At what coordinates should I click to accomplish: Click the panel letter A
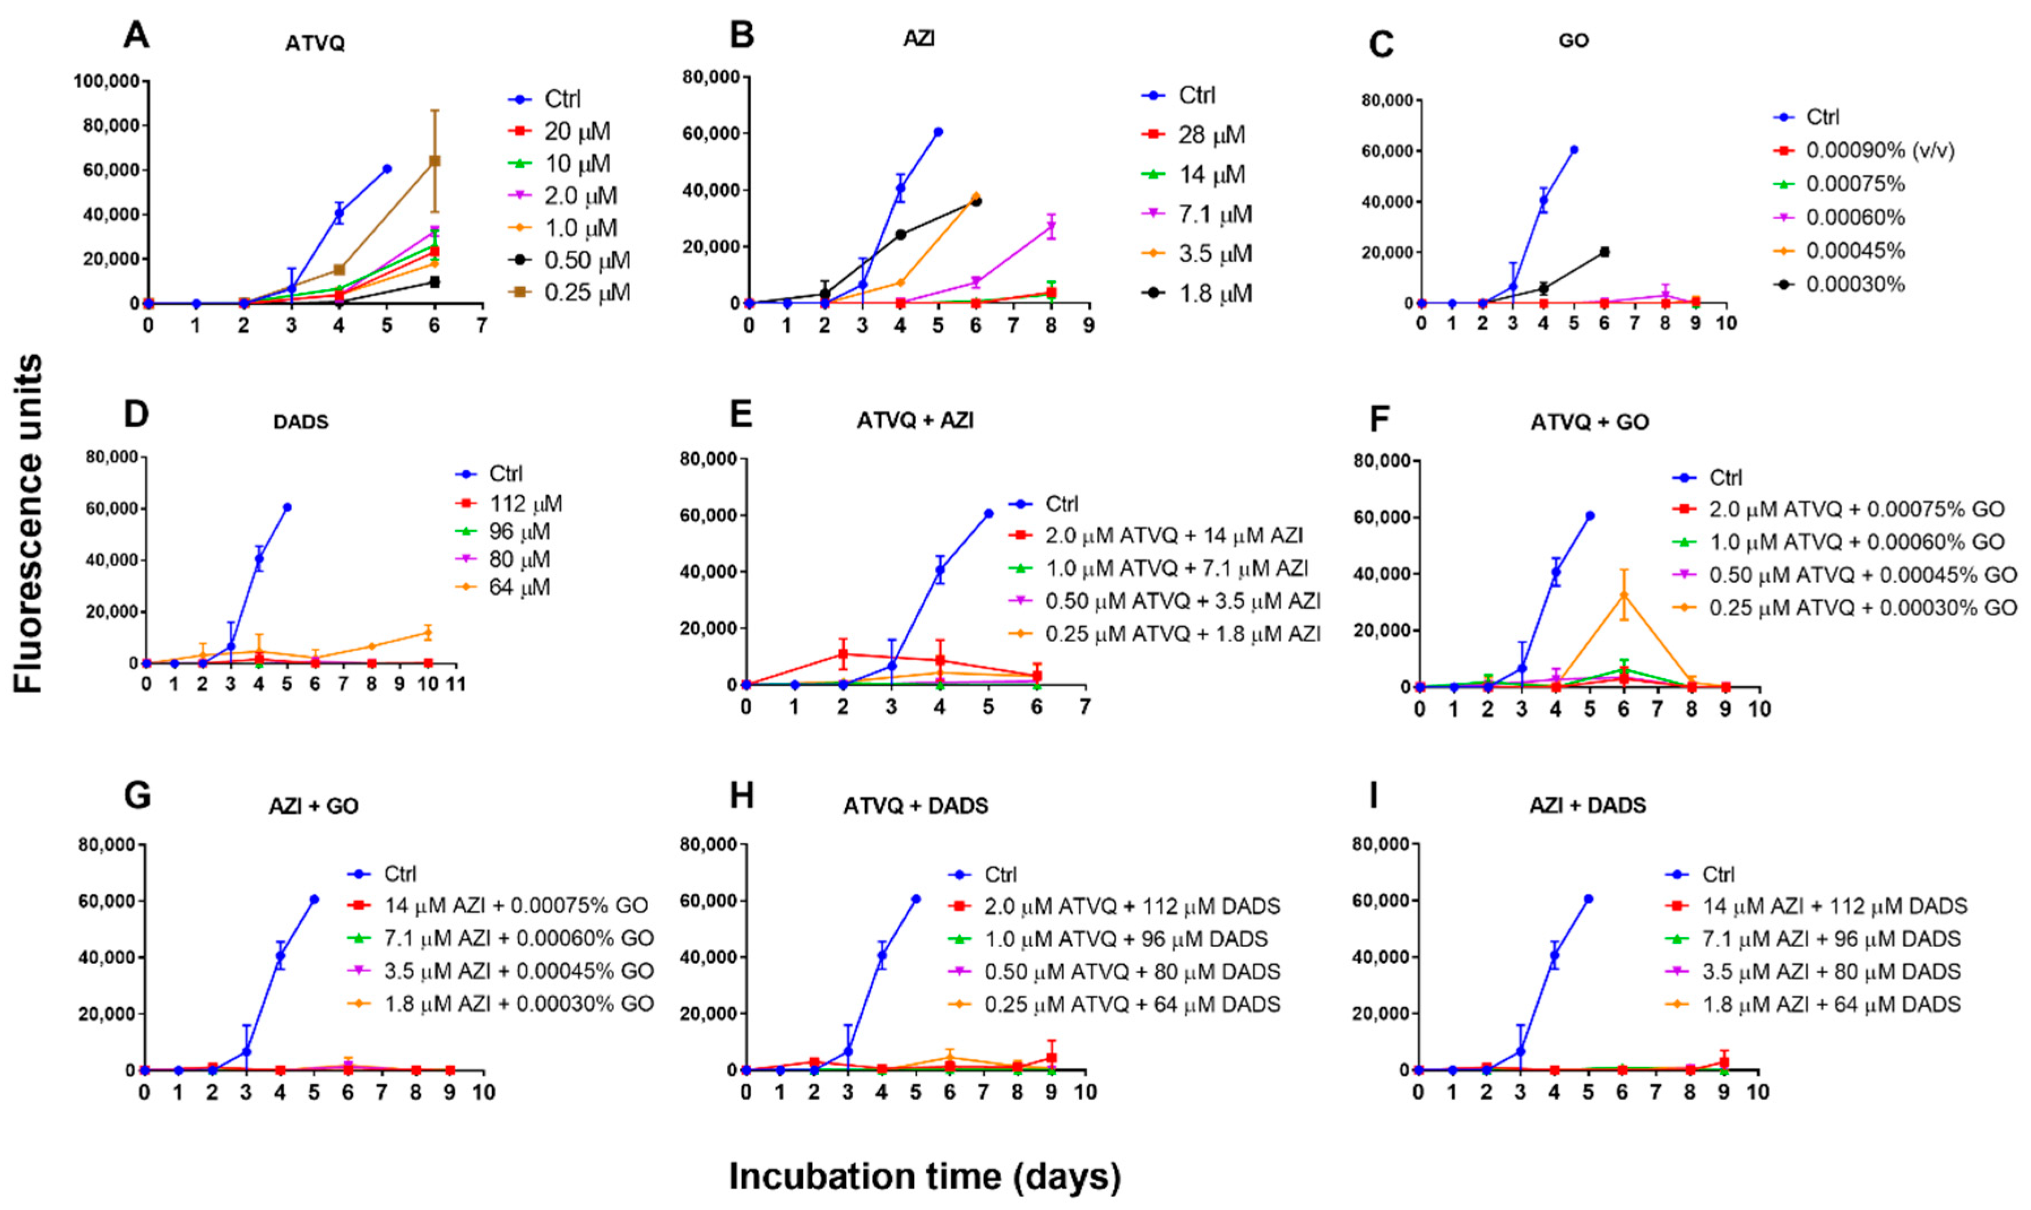click(x=136, y=35)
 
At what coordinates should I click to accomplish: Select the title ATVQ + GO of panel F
click(x=1589, y=422)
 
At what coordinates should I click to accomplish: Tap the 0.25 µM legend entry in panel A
click(x=586, y=292)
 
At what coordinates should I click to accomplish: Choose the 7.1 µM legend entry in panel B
click(x=1214, y=214)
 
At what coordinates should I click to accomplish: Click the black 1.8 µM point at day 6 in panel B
click(x=976, y=201)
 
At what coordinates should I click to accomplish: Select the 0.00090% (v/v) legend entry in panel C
click(x=1880, y=151)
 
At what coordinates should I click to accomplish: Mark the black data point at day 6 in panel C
click(x=1604, y=252)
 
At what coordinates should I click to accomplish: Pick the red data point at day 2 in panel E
click(x=843, y=654)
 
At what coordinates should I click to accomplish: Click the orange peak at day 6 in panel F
click(x=1624, y=595)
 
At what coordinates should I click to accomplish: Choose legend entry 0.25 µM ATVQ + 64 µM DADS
click(x=1132, y=1004)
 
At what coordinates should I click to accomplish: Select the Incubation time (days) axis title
click(x=925, y=1176)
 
